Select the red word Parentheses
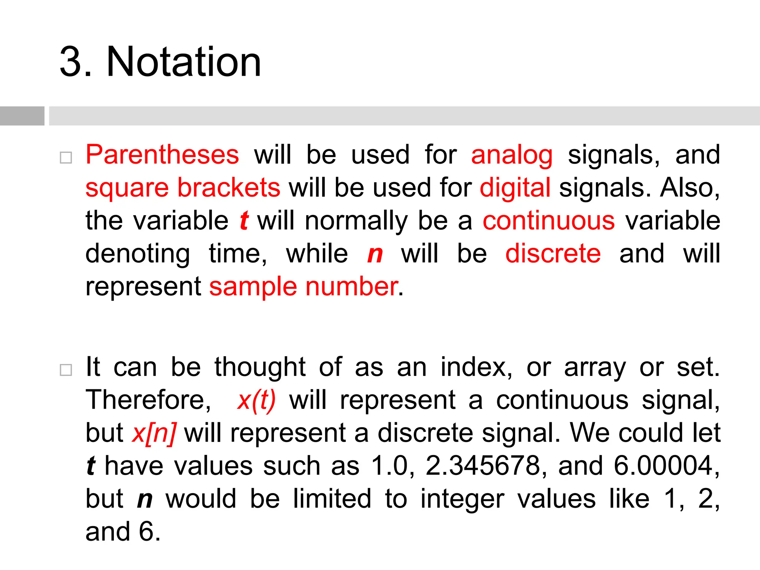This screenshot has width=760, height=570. click(x=162, y=155)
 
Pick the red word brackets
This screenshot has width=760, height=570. click(x=229, y=187)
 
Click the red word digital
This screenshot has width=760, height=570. click(x=515, y=187)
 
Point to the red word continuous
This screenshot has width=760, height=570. click(x=548, y=220)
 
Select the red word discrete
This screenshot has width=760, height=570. click(x=553, y=254)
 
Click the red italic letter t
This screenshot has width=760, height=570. click(x=244, y=220)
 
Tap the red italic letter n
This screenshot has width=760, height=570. click(x=375, y=255)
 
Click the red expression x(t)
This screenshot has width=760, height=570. click(x=256, y=400)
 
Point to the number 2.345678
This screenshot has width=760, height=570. click(x=483, y=466)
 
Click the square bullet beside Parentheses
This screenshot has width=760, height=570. click(x=66, y=158)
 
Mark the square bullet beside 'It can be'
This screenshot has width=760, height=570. click(x=66, y=370)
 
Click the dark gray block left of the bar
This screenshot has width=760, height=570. click(x=22, y=116)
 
